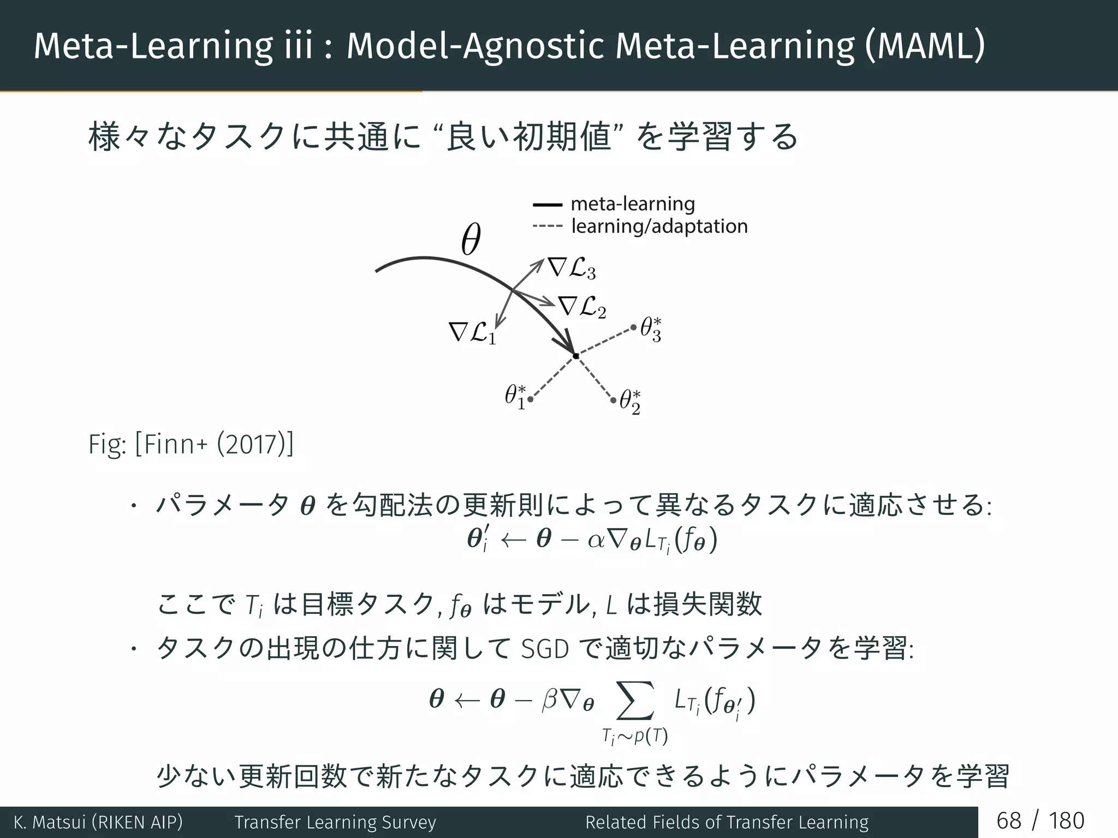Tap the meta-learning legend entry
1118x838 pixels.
coord(632,204)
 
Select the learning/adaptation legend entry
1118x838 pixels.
coord(659,226)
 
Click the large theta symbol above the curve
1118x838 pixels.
coord(471,240)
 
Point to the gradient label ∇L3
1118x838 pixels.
coord(572,268)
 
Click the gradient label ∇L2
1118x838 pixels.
coord(582,307)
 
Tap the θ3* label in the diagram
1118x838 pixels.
coord(651,330)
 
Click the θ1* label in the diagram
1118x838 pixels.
coord(515,397)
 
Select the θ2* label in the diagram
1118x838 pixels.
coord(630,402)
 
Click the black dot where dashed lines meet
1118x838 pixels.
coord(576,356)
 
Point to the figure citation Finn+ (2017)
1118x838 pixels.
coord(213,444)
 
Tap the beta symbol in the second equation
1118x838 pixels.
coord(549,700)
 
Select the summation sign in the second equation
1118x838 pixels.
coord(634,700)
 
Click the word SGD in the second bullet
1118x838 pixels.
coord(545,649)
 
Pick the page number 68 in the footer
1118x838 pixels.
coord(1008,821)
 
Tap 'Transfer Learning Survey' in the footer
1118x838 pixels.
coord(335,822)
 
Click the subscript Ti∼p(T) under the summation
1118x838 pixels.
coord(635,737)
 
